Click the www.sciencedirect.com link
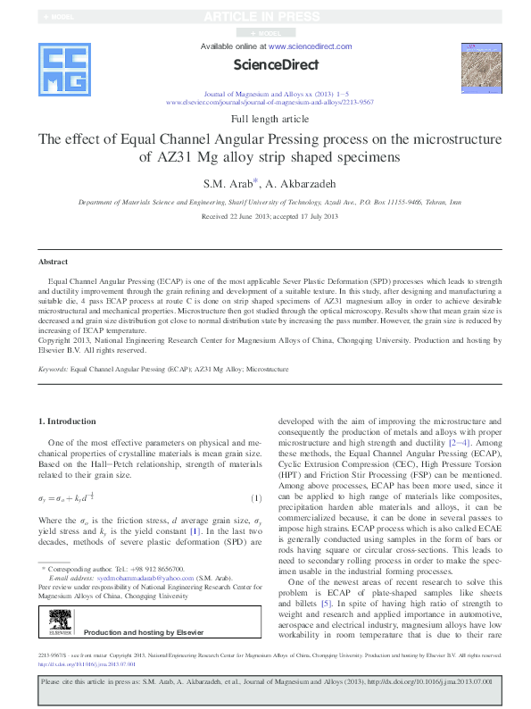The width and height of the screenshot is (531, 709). coord(310,46)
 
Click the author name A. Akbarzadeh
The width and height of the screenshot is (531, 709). coord(298,184)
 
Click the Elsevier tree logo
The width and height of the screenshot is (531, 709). coord(60,621)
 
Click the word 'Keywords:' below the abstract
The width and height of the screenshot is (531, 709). coord(54,367)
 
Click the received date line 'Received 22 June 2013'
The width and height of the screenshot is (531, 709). coord(232,217)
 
